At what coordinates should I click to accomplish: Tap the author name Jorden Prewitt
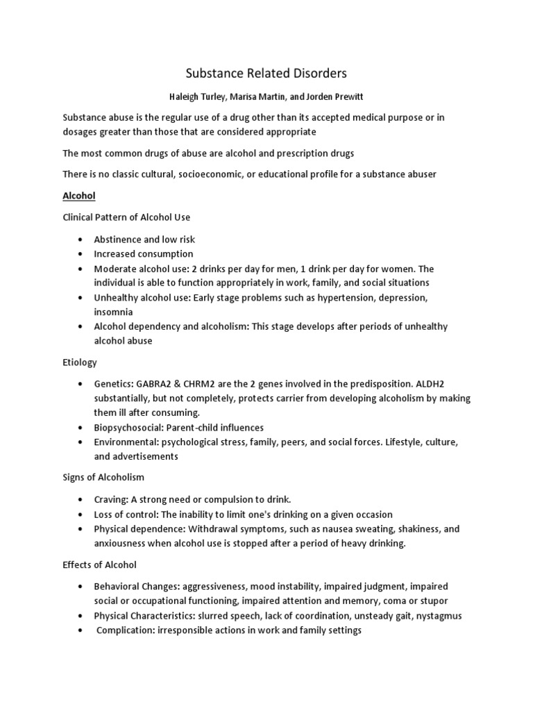pos(337,97)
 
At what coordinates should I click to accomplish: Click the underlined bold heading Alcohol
pos(79,196)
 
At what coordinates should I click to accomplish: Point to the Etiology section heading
pos(80,362)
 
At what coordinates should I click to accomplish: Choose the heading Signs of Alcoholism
pos(104,478)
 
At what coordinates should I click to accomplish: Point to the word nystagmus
pos(436,616)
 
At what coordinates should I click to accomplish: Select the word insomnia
pos(114,312)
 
